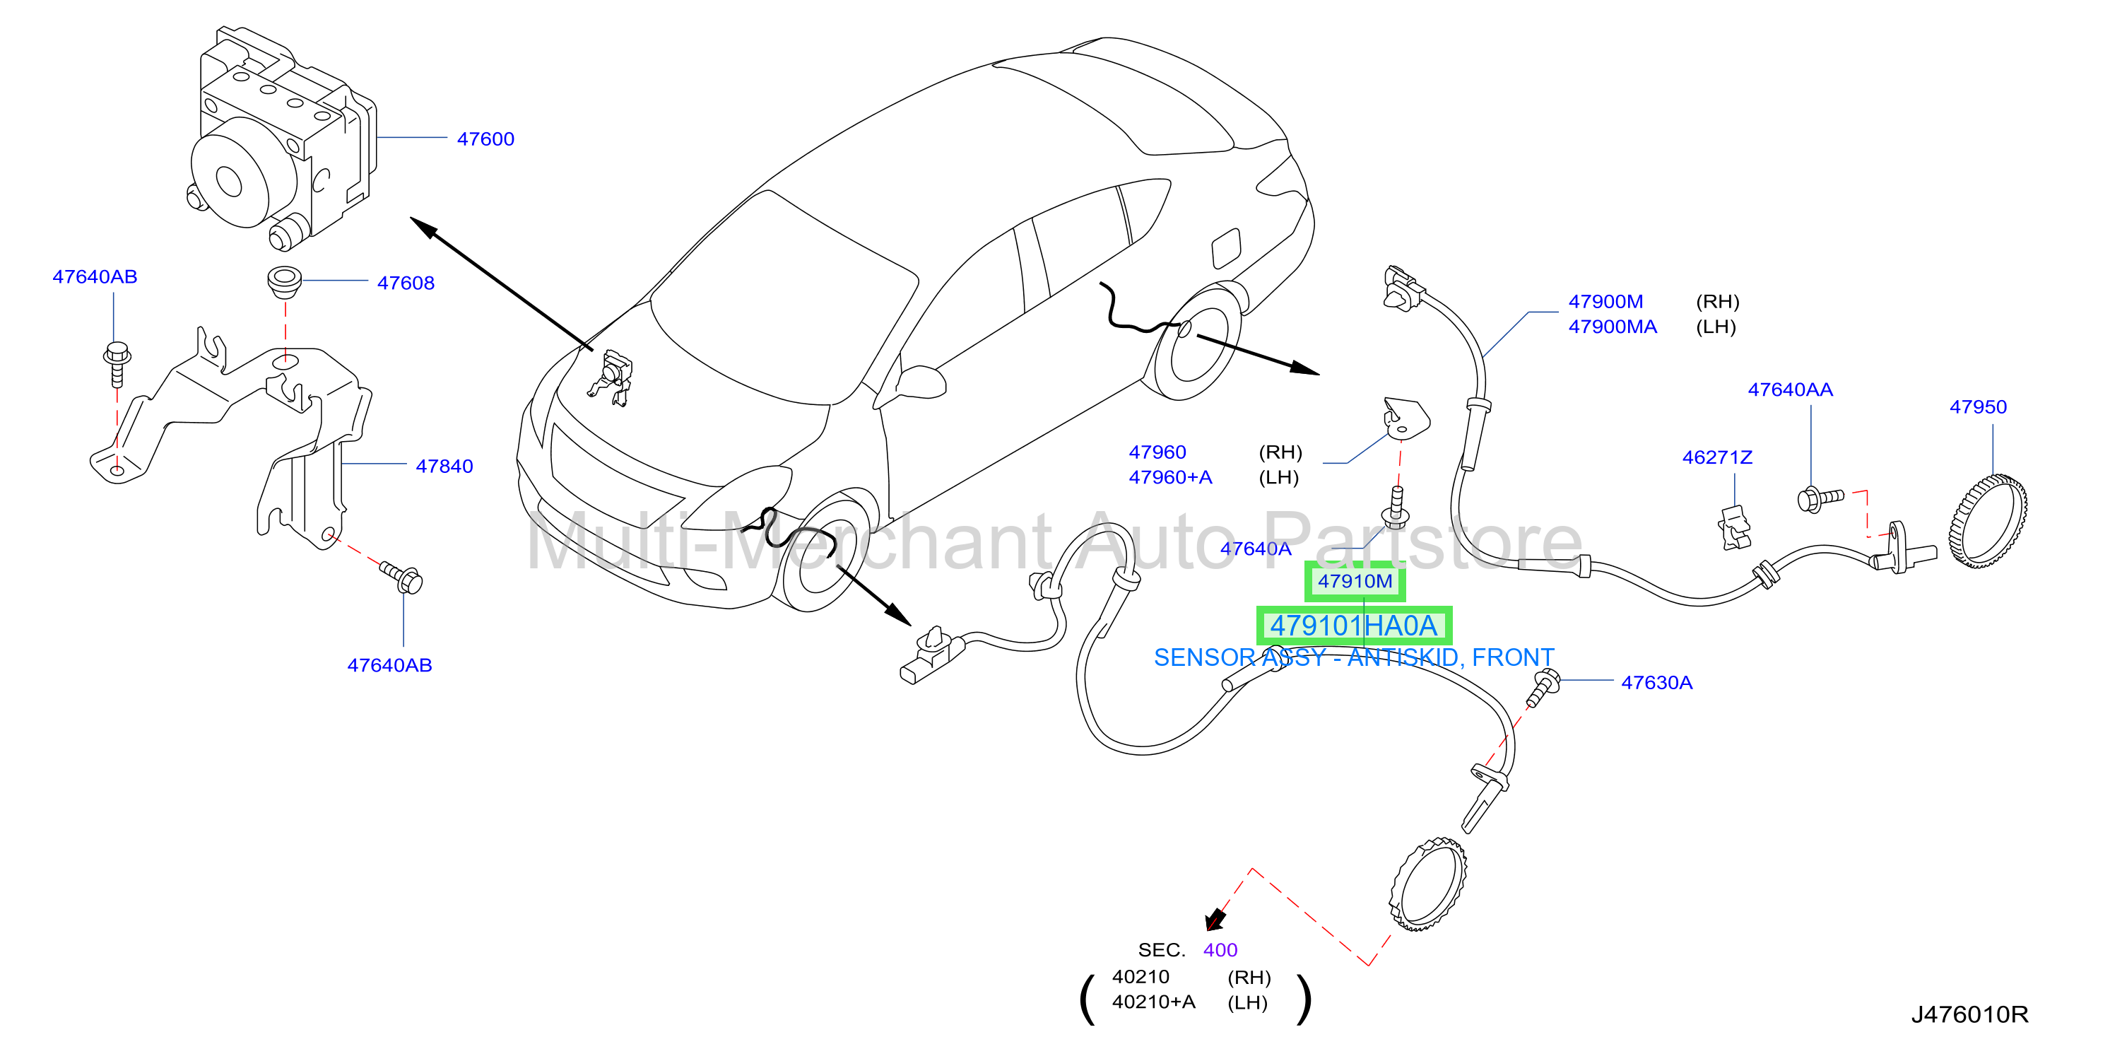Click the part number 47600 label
point(485,139)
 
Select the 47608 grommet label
point(406,283)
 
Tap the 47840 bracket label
point(444,467)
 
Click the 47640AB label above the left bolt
point(95,277)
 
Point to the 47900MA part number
point(1612,327)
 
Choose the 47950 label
point(1977,406)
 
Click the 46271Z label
point(1717,457)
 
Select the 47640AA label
point(1790,389)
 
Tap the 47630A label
point(1656,683)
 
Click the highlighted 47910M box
point(1355,582)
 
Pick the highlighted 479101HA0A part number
point(1354,626)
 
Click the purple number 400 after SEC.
point(1220,950)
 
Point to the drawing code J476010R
point(1969,1014)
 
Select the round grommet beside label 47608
point(284,281)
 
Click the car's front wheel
point(823,553)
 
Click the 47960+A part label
point(1169,478)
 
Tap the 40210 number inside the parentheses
point(1141,977)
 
